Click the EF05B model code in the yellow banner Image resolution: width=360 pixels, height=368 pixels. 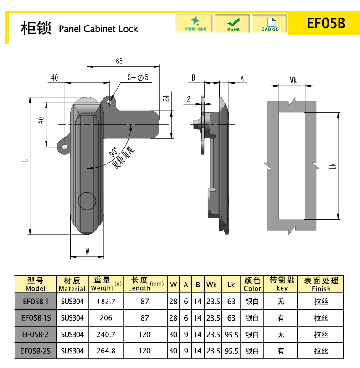click(x=326, y=23)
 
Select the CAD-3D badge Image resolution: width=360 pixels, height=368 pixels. click(x=270, y=24)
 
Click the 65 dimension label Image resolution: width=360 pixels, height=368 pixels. click(x=119, y=61)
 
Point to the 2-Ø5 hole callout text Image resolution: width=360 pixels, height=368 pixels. click(x=138, y=77)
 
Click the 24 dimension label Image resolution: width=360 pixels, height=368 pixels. click(x=166, y=98)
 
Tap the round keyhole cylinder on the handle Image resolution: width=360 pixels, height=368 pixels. click(x=87, y=201)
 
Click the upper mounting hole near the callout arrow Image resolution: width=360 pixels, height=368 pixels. click(x=109, y=102)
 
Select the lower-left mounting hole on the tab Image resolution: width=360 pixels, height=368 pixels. click(x=65, y=147)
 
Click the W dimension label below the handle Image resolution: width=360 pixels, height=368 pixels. click(x=87, y=251)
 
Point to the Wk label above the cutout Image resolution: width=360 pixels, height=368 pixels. click(x=293, y=81)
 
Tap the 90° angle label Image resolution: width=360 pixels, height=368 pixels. click(x=113, y=152)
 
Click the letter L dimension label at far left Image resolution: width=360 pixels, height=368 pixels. click(x=25, y=160)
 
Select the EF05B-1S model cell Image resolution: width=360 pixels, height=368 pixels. click(x=36, y=318)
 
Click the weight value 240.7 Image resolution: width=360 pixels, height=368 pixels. click(x=106, y=334)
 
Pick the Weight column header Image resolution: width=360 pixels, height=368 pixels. click(x=106, y=284)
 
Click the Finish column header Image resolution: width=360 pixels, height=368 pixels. click(x=321, y=284)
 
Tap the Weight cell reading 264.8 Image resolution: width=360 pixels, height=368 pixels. click(x=106, y=351)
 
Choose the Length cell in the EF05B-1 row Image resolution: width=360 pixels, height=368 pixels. click(x=145, y=302)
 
